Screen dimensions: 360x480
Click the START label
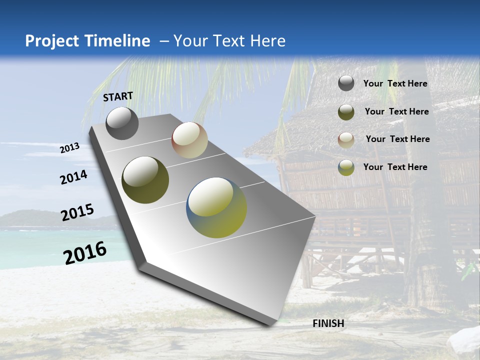coord(118,96)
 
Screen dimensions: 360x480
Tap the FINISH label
coord(328,323)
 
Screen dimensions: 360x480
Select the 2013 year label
coord(69,148)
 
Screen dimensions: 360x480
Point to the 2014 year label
coord(73,177)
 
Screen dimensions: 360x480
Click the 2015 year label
coord(77,212)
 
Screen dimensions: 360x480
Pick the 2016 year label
coord(85,252)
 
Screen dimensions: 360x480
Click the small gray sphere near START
coord(122,123)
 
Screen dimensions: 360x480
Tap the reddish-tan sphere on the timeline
coord(189,140)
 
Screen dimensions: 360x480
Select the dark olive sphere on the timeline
coord(145,180)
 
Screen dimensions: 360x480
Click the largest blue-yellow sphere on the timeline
coord(216,207)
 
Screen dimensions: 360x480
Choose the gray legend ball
coord(346,83)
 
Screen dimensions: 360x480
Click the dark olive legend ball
coord(346,112)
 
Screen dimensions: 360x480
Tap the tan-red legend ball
coord(346,139)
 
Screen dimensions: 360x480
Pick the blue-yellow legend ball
coord(346,167)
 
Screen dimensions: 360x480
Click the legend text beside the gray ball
coord(395,83)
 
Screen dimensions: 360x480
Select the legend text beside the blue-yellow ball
coord(395,167)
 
